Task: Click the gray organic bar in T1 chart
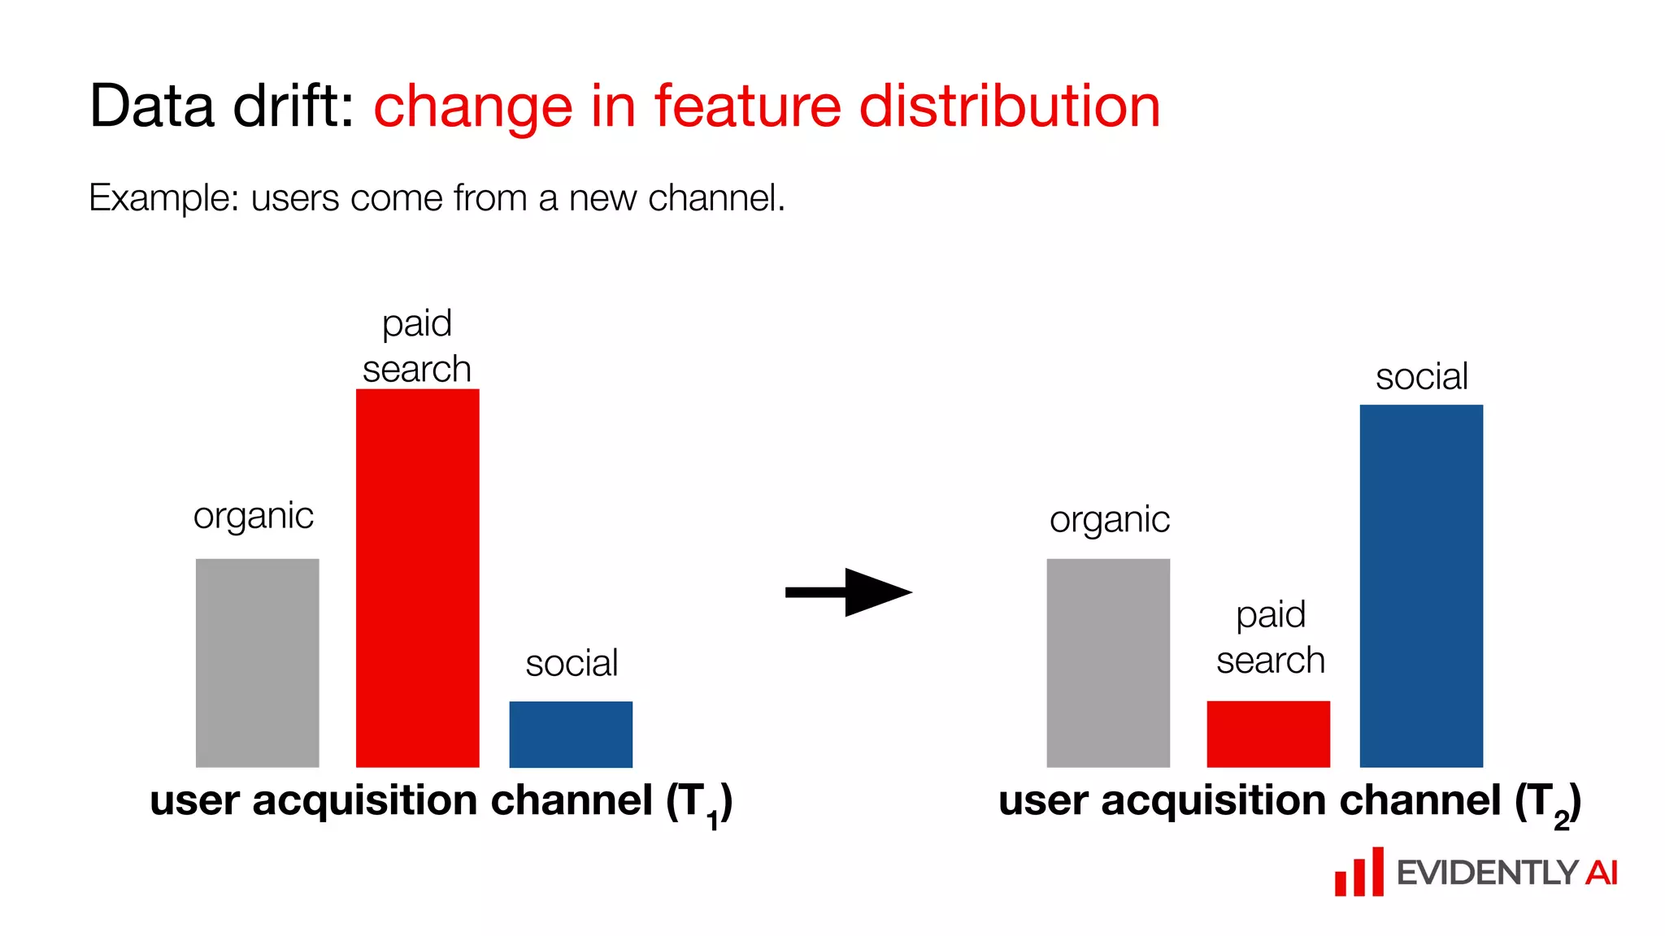(x=257, y=662)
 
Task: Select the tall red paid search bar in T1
(x=417, y=578)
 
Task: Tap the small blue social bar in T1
(x=571, y=734)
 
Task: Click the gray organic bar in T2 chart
(x=1108, y=662)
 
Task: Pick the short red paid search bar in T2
(x=1268, y=734)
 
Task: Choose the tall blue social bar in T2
(x=1421, y=585)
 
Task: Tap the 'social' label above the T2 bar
(x=1421, y=377)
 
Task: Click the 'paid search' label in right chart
(x=1270, y=638)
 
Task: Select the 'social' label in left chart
(x=572, y=664)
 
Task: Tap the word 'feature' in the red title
(x=747, y=106)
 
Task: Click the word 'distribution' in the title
(x=1009, y=106)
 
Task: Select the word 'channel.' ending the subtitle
(x=716, y=198)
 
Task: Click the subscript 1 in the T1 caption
(x=713, y=821)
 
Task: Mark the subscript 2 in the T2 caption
(x=1561, y=821)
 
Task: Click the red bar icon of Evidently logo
(x=1359, y=873)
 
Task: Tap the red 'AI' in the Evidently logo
(x=1600, y=873)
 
